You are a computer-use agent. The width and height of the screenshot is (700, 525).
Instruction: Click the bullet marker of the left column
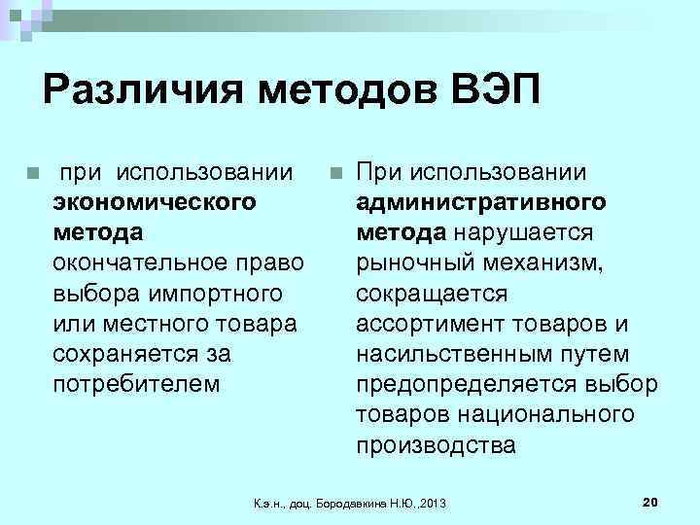tap(33, 174)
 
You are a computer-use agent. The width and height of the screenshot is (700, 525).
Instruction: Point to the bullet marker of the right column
tap(336, 174)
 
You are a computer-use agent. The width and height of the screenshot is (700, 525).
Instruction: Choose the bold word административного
tap(481, 202)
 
